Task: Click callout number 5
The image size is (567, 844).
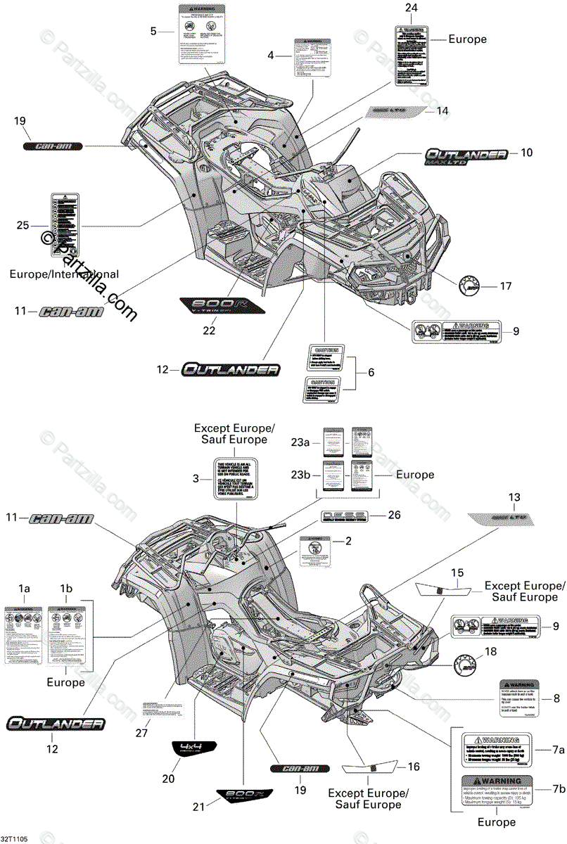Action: [x=153, y=31]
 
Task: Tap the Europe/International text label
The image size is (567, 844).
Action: [x=64, y=274]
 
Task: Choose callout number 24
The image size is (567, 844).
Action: [x=411, y=8]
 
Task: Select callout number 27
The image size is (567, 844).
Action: [x=143, y=734]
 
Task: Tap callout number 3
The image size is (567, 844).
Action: [x=196, y=478]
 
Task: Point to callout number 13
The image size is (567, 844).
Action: [x=513, y=497]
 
